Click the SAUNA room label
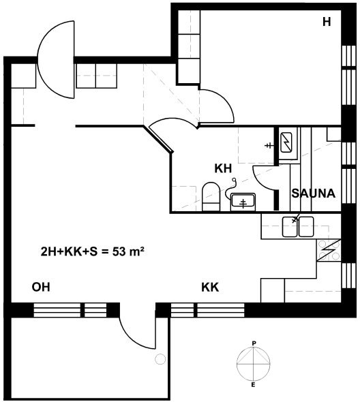[313, 193]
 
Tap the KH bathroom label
[223, 168]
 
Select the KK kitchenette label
[210, 288]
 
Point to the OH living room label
[41, 287]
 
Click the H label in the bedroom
[327, 22]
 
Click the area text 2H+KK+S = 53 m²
[92, 252]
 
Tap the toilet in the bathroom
[211, 196]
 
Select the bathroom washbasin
[243, 202]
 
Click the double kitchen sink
[298, 226]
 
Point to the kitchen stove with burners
[329, 250]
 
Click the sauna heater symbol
[286, 142]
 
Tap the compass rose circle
[254, 364]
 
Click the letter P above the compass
[254, 343]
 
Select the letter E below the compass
[253, 385]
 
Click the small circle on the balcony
[160, 358]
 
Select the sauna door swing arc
[257, 181]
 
